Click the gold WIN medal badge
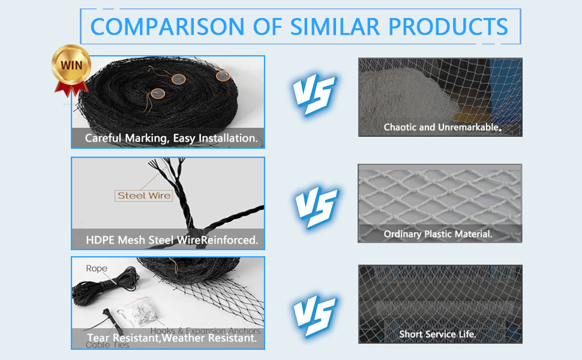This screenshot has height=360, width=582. (71, 64)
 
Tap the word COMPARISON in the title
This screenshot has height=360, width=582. (160, 26)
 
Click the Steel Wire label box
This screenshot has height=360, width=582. (144, 195)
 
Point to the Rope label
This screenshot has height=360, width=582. (97, 268)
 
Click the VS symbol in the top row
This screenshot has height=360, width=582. (313, 95)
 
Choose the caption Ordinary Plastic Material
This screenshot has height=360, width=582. (438, 234)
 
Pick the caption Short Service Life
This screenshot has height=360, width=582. (438, 334)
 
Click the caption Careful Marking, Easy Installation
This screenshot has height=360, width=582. (171, 138)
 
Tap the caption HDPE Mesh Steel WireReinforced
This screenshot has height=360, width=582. (171, 240)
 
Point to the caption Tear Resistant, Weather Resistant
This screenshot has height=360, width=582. (171, 338)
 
